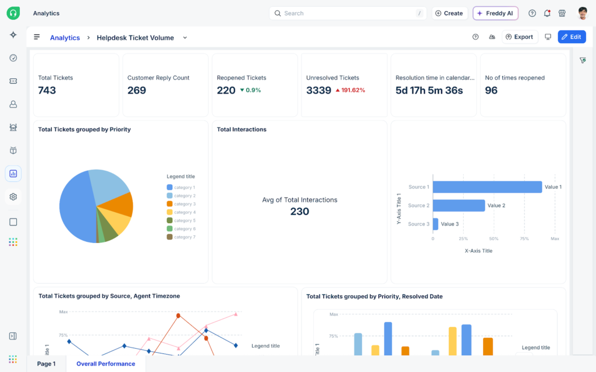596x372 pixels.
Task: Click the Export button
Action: [520, 37]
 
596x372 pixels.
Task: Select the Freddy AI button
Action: [495, 13]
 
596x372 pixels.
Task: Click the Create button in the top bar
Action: [449, 13]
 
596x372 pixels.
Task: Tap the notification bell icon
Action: [547, 13]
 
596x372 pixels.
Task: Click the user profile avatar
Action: [583, 13]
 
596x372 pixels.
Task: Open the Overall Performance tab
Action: [105, 364]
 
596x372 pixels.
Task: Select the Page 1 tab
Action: [47, 364]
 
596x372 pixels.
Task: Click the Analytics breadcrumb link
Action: [65, 38]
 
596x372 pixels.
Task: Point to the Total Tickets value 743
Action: [47, 90]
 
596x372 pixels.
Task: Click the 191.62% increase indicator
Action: [349, 91]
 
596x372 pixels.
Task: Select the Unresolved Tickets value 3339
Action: [318, 90]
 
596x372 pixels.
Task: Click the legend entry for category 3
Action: [184, 204]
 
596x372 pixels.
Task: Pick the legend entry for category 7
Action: [184, 237]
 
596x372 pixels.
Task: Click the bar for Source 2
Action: [459, 205]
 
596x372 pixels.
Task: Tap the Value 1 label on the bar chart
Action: [553, 187]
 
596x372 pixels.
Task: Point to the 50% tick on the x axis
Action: [494, 239]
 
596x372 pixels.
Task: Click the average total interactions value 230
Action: [300, 212]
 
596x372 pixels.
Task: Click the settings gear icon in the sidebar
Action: [13, 197]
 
